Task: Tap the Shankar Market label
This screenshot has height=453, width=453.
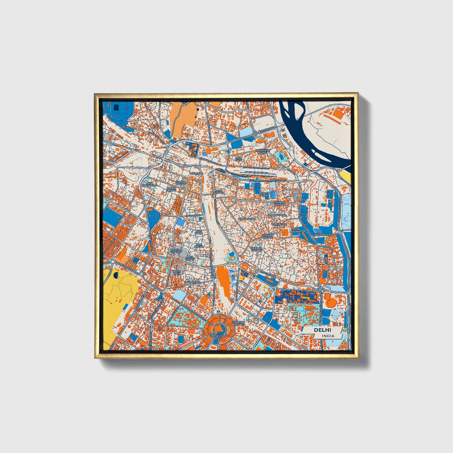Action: [x=239, y=323]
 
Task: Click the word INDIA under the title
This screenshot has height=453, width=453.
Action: [x=328, y=336]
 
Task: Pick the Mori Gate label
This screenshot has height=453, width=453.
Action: [x=239, y=159]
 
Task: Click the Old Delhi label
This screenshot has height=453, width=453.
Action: [x=263, y=194]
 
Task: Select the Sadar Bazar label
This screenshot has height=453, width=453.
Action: [x=181, y=182]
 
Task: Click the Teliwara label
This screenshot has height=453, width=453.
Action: [x=196, y=173]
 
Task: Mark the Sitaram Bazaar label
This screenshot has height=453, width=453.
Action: [x=256, y=249]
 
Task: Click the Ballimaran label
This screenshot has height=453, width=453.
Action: [x=247, y=218]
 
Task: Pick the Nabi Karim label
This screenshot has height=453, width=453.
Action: [x=199, y=232]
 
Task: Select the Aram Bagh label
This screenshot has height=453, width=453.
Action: [x=177, y=272]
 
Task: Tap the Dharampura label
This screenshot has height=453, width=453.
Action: [x=277, y=215]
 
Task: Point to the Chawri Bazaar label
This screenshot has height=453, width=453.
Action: [x=267, y=236]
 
